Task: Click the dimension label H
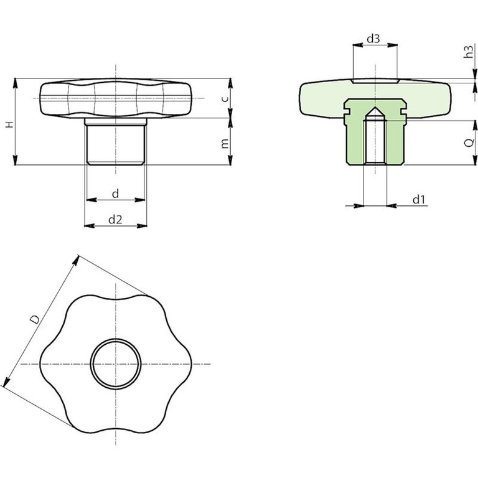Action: tap(10, 124)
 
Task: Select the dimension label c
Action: tap(224, 98)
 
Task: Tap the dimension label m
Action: tap(224, 143)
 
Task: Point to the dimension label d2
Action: tap(115, 219)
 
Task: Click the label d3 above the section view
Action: tap(373, 39)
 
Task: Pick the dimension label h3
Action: tap(469, 51)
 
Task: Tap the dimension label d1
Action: tap(419, 200)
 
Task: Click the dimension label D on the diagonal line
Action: tap(35, 319)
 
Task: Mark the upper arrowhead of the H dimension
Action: tap(15, 83)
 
